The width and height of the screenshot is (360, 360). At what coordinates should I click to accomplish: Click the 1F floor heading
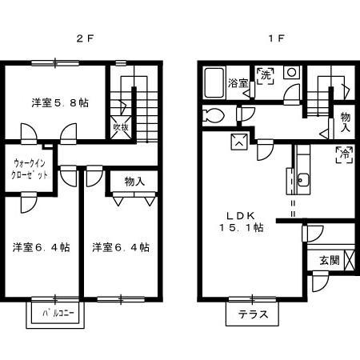click(273, 38)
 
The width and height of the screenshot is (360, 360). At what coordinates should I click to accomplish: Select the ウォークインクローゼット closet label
click(30, 169)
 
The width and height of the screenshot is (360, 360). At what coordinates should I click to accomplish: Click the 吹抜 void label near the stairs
click(119, 127)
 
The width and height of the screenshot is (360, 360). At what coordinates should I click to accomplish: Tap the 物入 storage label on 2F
click(134, 181)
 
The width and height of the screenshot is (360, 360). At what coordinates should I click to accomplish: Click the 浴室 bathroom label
click(237, 82)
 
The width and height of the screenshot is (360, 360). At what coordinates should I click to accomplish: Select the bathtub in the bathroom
click(214, 82)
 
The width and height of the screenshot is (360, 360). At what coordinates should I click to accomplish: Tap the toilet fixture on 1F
click(213, 114)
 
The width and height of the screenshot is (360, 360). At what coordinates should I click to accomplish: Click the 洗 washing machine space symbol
click(266, 74)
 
